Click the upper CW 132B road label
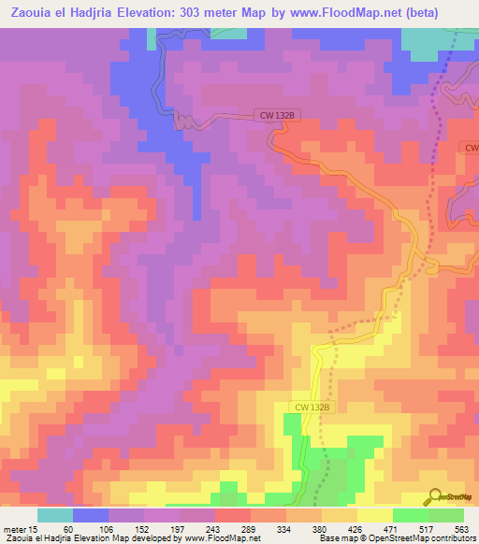click(277, 115)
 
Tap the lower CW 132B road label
click(312, 407)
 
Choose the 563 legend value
click(459, 530)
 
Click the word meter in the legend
click(14, 530)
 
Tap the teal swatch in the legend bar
click(55, 515)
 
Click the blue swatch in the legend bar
click(91, 515)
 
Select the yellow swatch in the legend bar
click(375, 515)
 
